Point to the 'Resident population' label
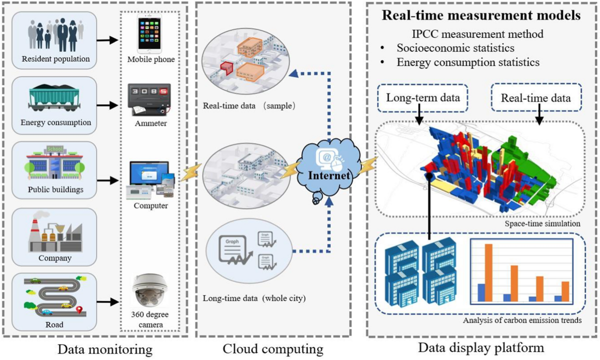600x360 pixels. click(x=56, y=59)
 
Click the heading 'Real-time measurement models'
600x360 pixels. click(x=481, y=15)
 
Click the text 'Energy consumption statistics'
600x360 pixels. click(x=468, y=63)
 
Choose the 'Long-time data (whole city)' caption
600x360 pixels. click(x=254, y=299)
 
